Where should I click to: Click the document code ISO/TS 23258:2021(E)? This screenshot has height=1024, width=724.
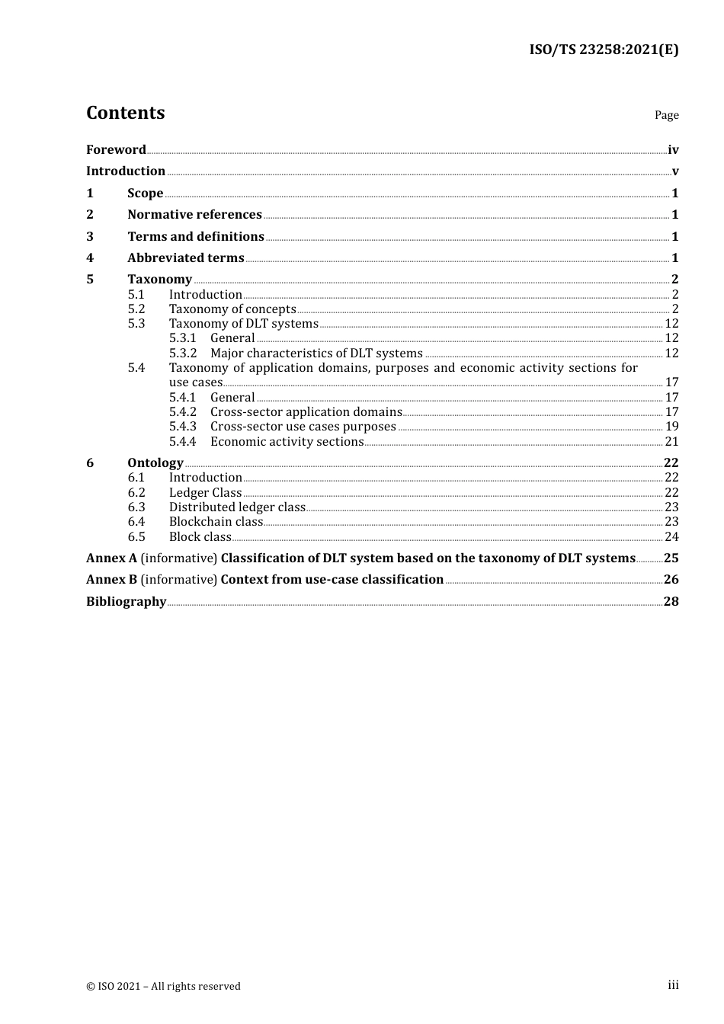pos(604,50)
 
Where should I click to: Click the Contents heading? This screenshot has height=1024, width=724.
pos(125,113)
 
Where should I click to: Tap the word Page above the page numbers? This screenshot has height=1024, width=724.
pos(666,115)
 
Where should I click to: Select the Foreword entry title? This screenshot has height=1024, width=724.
pos(116,150)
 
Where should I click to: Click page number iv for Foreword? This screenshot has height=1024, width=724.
pos(673,150)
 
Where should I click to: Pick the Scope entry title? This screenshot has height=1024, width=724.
pos(145,194)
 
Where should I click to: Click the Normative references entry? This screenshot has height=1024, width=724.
pos(194,215)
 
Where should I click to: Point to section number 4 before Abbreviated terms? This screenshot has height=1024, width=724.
pos(90,258)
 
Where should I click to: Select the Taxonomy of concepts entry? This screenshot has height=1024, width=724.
pos(232,309)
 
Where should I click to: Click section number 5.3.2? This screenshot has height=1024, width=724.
pos(183,354)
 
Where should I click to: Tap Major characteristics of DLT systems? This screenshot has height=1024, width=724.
pos(316,354)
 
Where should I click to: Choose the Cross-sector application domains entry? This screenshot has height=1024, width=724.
pos(306,412)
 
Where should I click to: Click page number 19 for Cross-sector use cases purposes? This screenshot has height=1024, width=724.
pos(671,427)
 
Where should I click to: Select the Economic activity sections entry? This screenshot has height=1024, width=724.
pos(287,442)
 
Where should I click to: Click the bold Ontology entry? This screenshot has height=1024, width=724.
pos(155,463)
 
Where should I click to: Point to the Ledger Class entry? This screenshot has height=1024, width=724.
pos(205,493)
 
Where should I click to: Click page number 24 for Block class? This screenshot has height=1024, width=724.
pos(671,537)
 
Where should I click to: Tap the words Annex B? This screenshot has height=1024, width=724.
pos(112,580)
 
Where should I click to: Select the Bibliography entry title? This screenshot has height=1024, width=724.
pos(126,602)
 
